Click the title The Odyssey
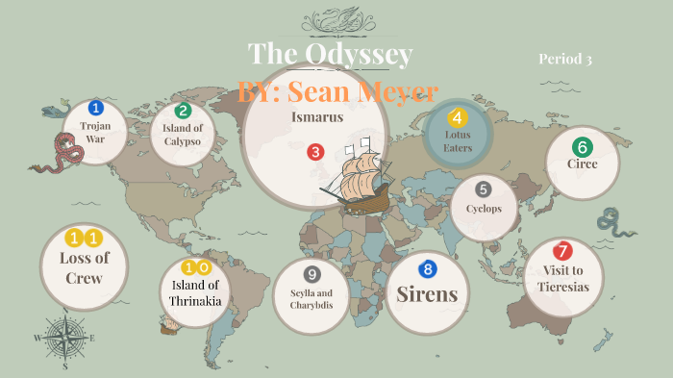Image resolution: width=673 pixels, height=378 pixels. point(330,54)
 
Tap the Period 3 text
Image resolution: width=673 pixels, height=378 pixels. point(564,60)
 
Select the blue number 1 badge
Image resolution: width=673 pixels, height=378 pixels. point(95,108)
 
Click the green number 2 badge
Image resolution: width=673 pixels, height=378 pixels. point(183,110)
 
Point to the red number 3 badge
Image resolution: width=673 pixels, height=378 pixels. point(314,151)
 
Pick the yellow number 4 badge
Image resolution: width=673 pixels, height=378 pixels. point(458,118)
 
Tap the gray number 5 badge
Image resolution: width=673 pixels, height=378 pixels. point(484,189)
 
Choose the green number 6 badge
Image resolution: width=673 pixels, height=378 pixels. point(581,147)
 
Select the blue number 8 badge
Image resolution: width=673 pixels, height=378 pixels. point(428,269)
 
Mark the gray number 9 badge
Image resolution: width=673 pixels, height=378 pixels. point(311,274)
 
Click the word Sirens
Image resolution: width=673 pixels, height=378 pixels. point(427,294)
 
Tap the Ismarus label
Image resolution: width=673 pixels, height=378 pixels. point(316,116)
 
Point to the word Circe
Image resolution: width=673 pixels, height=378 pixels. point(582,164)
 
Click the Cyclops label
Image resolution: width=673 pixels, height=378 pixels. point(484,208)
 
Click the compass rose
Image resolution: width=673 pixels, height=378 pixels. point(65,338)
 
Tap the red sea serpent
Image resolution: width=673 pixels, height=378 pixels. point(60,152)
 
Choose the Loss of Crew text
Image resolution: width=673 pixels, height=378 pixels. point(85,267)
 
